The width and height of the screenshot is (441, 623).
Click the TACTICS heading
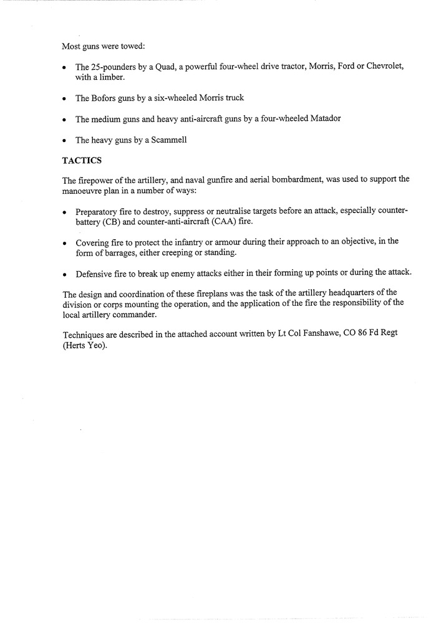point(82,160)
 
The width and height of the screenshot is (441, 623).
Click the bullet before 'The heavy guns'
point(65,140)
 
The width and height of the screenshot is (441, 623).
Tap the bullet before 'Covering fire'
point(65,243)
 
